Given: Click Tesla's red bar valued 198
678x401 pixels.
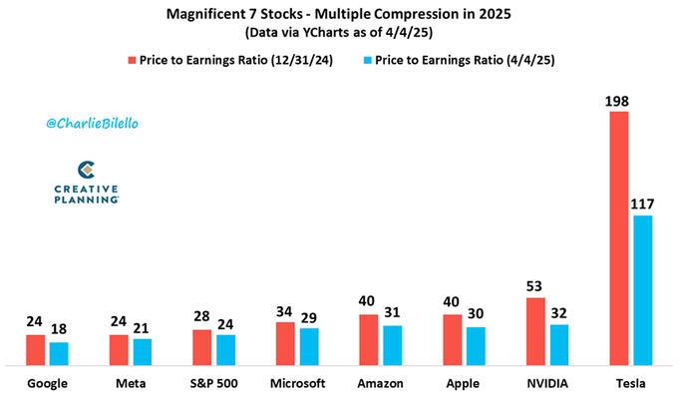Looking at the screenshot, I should coord(619,239).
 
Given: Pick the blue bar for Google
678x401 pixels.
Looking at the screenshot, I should coord(60,354).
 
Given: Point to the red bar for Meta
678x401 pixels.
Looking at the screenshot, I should coord(119,350).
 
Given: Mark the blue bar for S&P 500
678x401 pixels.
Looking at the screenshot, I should coord(227,350).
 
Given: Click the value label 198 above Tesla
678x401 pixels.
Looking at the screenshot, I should coord(619,100).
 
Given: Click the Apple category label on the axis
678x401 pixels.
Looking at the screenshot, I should coord(462,383).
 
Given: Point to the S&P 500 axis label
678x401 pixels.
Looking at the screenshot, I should coord(214,383).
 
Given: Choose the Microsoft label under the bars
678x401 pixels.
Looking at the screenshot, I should coord(297,383).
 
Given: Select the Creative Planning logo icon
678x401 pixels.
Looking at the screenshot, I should coord(87,171).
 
